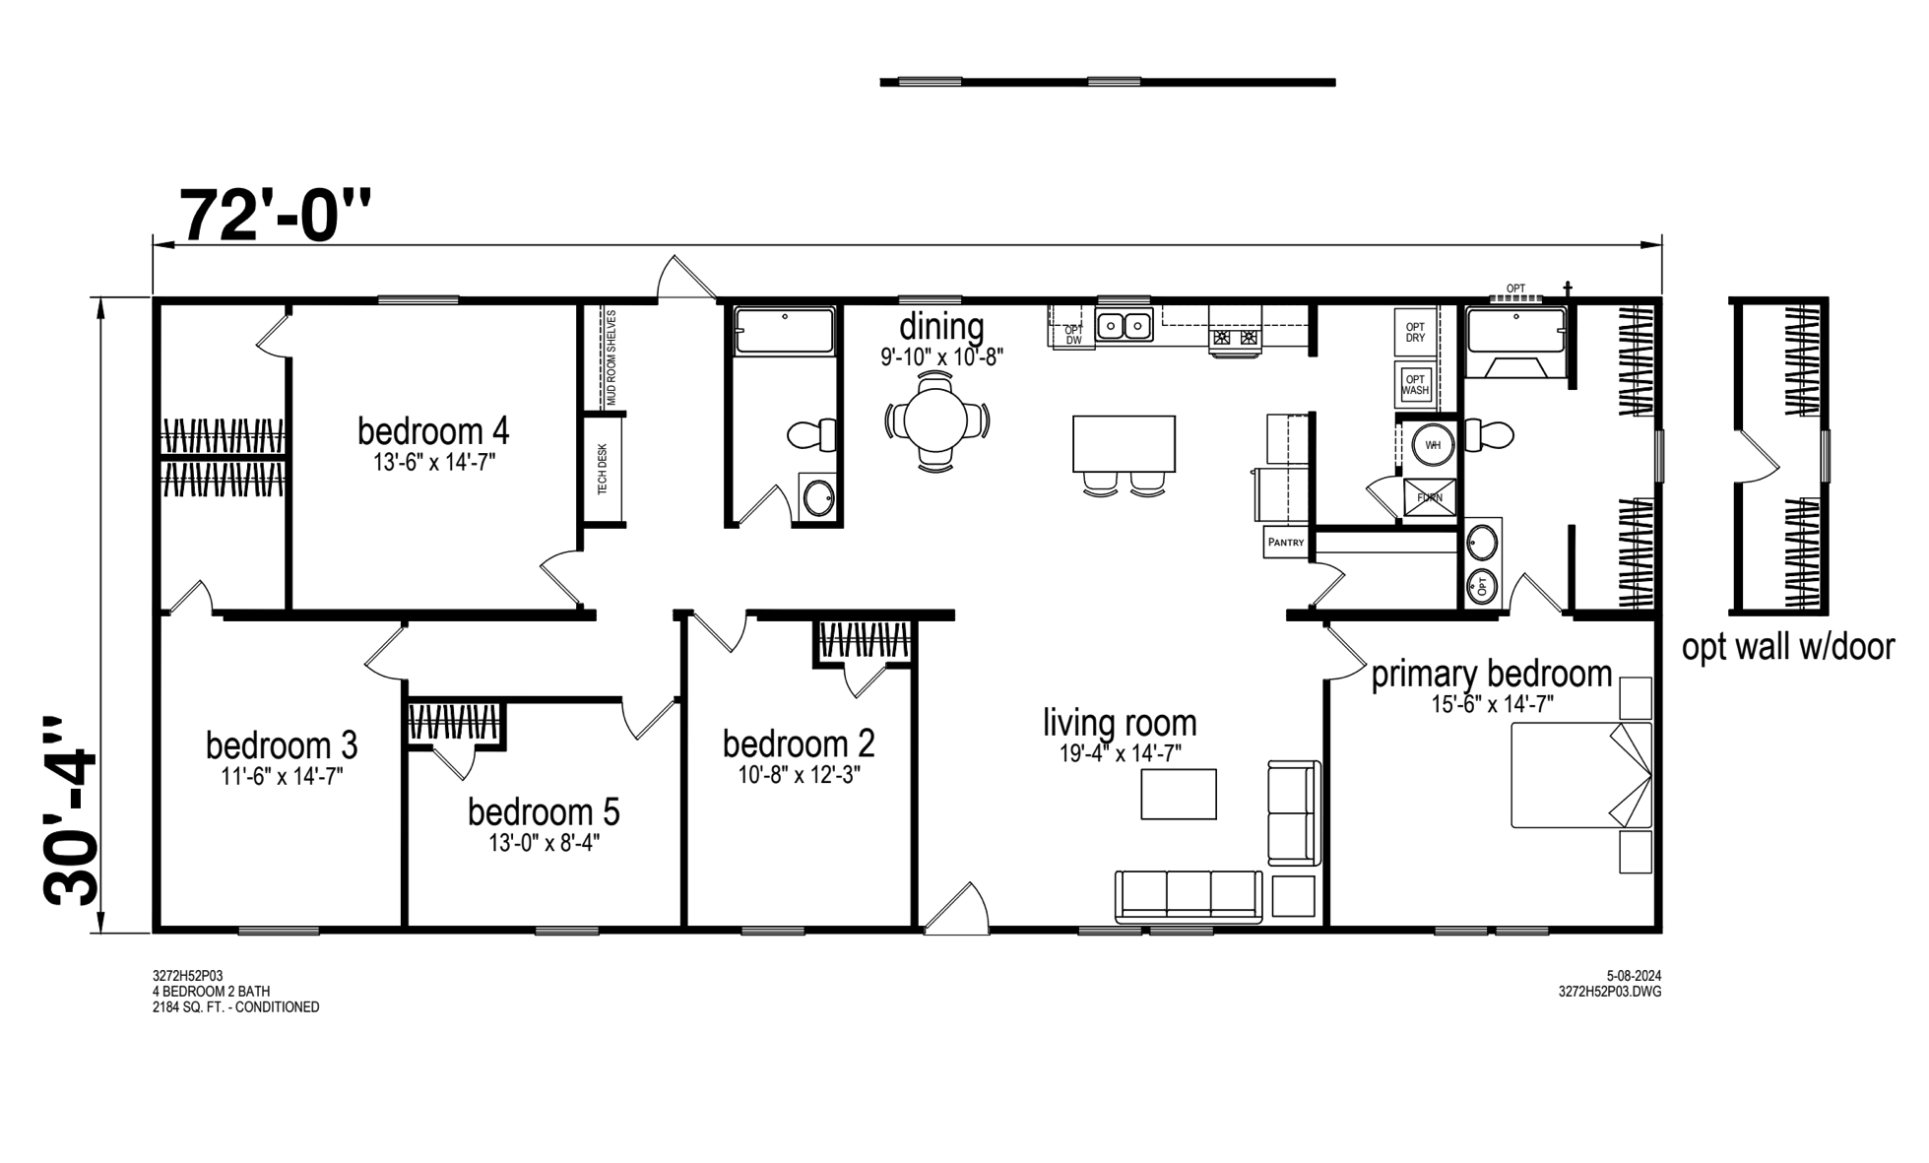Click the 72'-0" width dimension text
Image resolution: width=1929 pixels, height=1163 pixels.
[275, 215]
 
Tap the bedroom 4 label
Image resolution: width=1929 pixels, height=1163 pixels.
[433, 431]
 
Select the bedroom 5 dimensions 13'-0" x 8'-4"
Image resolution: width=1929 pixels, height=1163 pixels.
[545, 843]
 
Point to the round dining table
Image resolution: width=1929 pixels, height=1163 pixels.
[937, 421]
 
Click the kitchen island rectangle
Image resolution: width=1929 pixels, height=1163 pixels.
[1124, 444]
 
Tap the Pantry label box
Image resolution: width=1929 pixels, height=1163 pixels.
[1286, 543]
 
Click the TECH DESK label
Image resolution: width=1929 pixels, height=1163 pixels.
[603, 469]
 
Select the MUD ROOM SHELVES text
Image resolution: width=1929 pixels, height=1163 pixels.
[611, 357]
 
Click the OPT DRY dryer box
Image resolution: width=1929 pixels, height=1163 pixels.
[1415, 332]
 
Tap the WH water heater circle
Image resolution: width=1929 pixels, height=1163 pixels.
[1433, 445]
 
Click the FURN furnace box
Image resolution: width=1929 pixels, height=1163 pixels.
[1430, 498]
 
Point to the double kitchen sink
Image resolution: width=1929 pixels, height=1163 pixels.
[1125, 324]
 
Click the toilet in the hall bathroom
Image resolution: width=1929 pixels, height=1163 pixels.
[812, 434]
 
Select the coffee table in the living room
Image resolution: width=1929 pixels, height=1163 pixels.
[1179, 794]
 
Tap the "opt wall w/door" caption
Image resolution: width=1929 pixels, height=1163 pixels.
[1788, 648]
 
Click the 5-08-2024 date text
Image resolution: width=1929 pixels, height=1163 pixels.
[1634, 976]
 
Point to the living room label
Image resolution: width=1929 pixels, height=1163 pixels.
[1121, 723]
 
